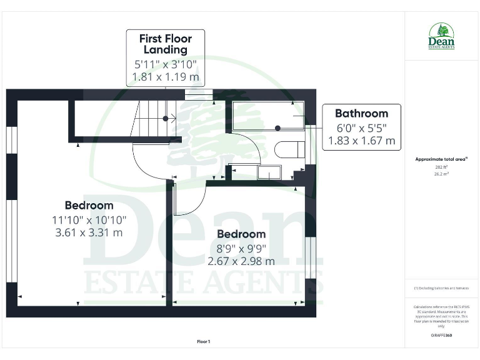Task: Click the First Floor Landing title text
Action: coord(165,44)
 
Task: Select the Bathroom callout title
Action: coord(361,113)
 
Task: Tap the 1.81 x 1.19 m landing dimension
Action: coord(165,78)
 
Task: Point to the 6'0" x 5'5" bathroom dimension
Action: coord(361,127)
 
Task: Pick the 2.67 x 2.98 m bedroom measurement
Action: coord(241,261)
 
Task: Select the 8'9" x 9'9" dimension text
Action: coord(241,248)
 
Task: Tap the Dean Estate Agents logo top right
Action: coord(441,36)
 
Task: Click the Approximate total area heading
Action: coord(441,160)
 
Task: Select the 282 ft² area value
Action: coord(441,167)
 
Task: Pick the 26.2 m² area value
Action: coord(441,174)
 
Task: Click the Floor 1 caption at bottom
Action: coord(204,341)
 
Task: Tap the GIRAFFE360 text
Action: coord(441,336)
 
